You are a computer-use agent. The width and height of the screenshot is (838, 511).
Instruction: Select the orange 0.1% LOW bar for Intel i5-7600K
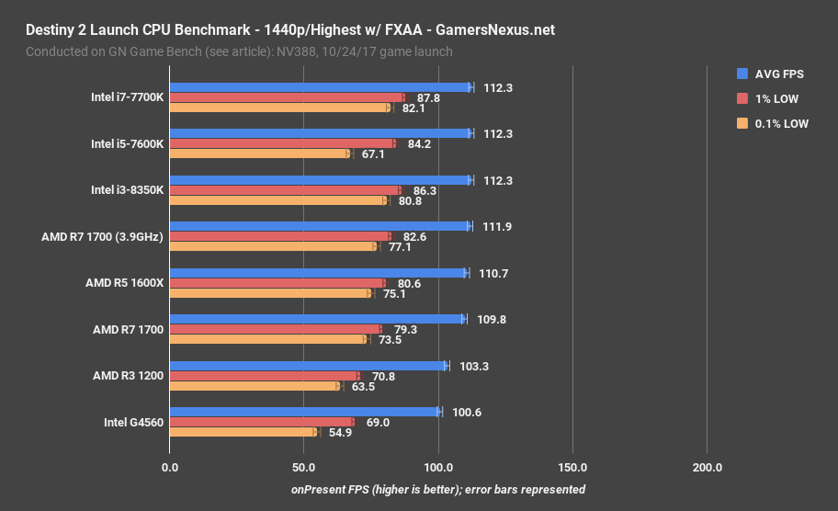coord(259,153)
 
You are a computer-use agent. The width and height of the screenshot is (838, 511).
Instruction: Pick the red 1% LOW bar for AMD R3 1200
coord(264,376)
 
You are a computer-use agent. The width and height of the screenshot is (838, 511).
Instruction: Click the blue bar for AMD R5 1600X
coord(318,273)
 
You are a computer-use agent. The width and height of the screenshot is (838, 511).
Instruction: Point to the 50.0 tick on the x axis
coord(303,468)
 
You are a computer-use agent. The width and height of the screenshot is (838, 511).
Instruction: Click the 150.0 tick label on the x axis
coord(572,468)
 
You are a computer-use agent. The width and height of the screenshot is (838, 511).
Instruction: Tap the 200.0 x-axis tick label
coord(707,468)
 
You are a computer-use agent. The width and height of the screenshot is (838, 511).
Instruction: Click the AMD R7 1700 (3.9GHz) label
coord(102,236)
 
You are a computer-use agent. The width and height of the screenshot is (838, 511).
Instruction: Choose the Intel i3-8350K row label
coord(127,190)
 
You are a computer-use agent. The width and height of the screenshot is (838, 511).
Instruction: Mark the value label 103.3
coord(474,366)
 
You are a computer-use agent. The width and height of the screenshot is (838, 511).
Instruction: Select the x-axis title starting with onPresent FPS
coord(438,490)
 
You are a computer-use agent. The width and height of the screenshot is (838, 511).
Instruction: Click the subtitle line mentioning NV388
coord(239,51)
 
